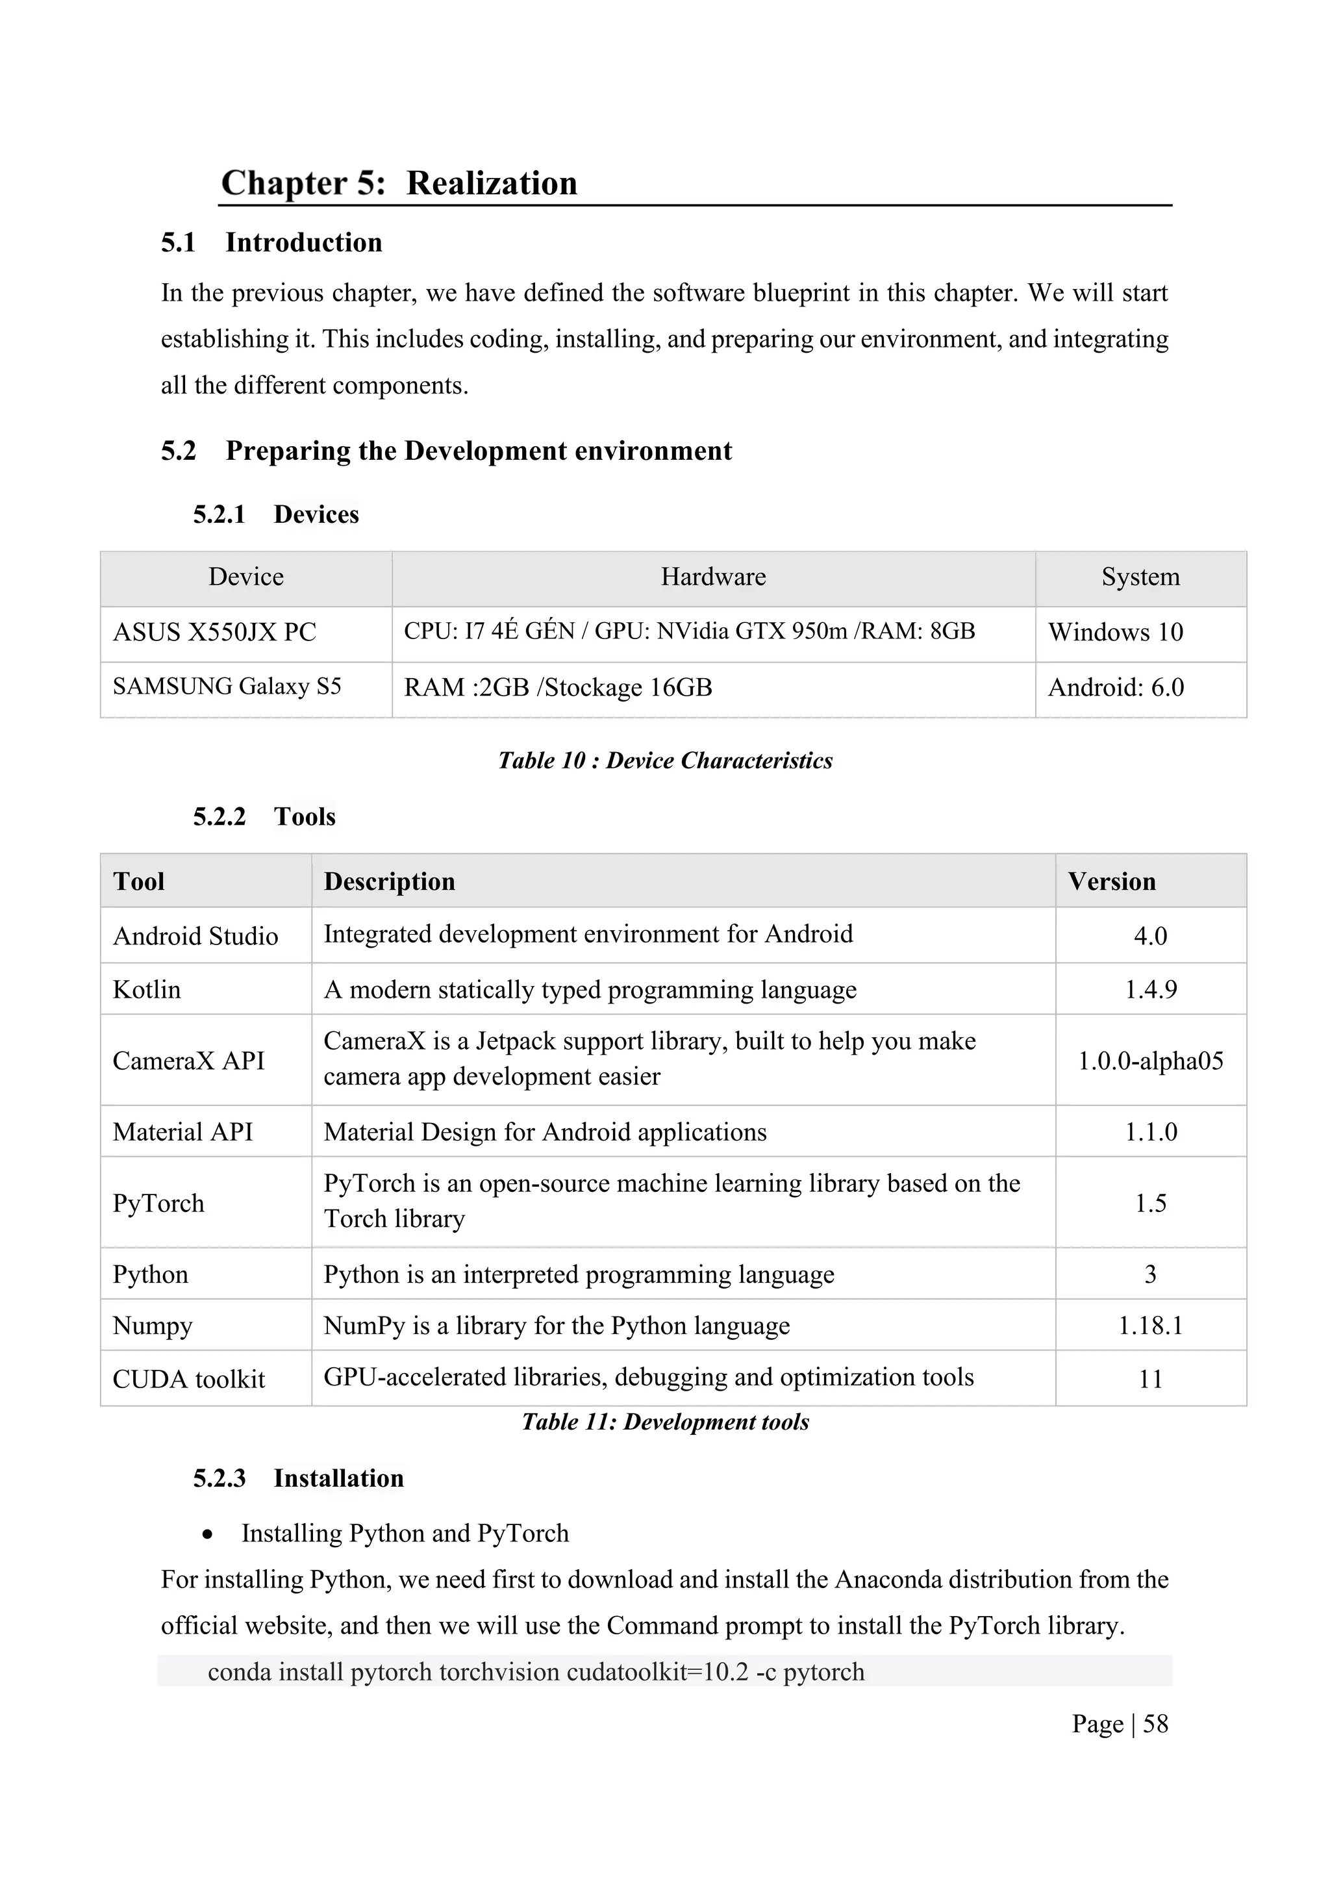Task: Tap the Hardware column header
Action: coord(712,577)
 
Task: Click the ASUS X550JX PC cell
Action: coord(214,633)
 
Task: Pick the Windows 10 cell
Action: coord(1116,633)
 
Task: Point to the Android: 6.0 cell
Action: coord(1116,687)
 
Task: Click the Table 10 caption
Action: coord(665,761)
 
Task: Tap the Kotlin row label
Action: coord(147,990)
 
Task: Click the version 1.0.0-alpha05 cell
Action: coord(1150,1061)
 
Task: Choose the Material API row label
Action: coord(182,1132)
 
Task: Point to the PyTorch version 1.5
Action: coord(1150,1204)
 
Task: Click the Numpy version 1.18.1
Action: coord(1150,1326)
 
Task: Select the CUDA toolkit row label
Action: coord(188,1380)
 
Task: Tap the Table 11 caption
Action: coord(665,1422)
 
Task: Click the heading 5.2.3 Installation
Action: coord(298,1479)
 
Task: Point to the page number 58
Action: coord(1155,1724)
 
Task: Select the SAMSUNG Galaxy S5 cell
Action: coord(227,687)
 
